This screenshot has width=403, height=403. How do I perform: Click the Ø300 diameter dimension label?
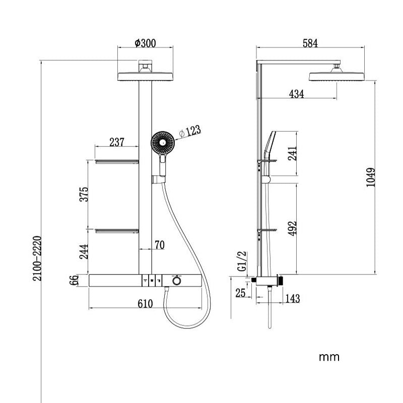click(145, 43)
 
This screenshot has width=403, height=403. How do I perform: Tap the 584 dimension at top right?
click(310, 43)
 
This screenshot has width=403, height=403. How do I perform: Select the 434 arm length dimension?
click(296, 94)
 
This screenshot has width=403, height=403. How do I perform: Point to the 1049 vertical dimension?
click(371, 177)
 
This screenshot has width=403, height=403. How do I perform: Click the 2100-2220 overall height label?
click(37, 258)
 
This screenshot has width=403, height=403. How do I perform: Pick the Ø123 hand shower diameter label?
click(190, 131)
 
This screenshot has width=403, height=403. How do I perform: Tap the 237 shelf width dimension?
click(117, 142)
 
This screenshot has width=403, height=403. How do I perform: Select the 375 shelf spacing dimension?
click(84, 194)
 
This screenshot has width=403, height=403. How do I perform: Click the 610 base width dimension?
click(145, 304)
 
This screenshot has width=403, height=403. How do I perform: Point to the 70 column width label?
click(159, 245)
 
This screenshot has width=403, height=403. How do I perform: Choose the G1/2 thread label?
click(242, 261)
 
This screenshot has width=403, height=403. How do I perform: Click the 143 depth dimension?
click(293, 299)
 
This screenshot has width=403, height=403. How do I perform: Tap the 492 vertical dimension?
click(292, 228)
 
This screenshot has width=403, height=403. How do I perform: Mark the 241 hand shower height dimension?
click(292, 154)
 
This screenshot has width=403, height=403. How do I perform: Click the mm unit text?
click(329, 357)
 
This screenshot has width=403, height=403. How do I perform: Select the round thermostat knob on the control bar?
click(177, 281)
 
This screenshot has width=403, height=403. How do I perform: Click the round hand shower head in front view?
click(162, 143)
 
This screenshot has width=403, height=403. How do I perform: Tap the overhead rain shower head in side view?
click(337, 77)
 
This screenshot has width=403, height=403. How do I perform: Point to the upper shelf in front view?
click(117, 162)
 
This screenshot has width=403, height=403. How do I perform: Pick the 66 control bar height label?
click(74, 280)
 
